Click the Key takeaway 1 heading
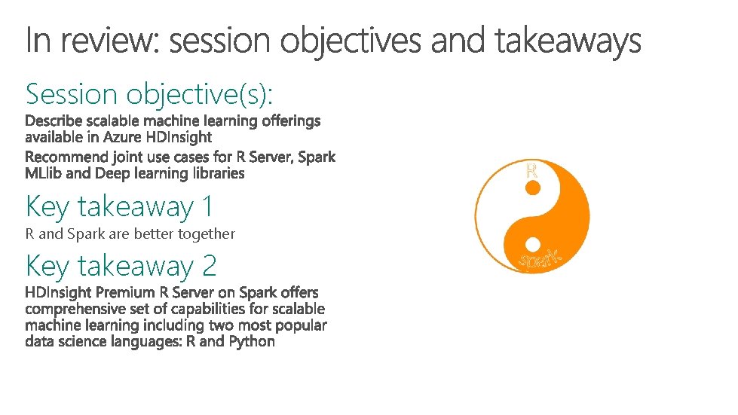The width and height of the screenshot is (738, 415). [x=119, y=206]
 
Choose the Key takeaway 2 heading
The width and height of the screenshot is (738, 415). [x=121, y=265]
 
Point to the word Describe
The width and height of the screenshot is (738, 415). [x=54, y=121]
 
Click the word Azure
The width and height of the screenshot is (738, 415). [x=122, y=137]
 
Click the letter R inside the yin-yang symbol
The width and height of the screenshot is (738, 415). [x=531, y=171]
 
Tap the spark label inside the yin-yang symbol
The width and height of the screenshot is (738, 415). [x=540, y=258]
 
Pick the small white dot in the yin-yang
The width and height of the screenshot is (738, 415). [x=532, y=244]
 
